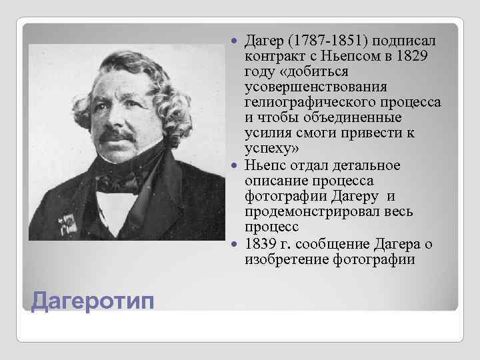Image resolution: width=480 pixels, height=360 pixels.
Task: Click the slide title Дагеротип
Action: (93, 302)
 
